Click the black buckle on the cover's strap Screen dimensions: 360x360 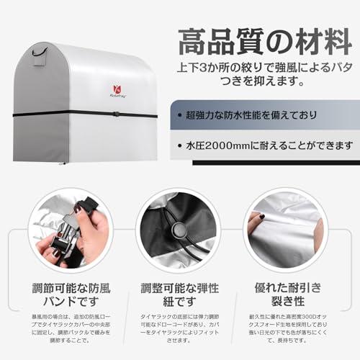coord(116,113)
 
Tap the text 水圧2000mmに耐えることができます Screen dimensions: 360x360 coord(266,145)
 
